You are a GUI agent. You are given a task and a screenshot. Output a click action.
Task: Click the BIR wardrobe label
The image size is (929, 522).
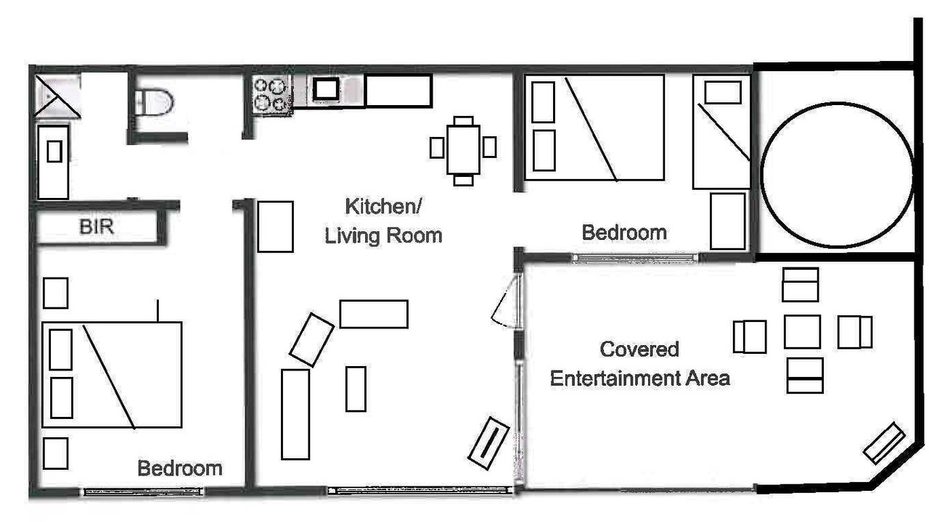coord(97,227)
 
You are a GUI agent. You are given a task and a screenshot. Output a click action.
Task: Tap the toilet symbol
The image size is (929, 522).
coord(154,102)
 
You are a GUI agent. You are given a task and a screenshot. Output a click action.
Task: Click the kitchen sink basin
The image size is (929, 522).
coord(326,88)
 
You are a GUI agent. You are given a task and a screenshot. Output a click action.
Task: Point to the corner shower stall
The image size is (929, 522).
coord(57,96)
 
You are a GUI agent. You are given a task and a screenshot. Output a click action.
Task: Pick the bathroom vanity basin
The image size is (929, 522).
coord(54,152)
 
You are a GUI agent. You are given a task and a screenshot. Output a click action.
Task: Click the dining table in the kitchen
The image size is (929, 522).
coord(463,149)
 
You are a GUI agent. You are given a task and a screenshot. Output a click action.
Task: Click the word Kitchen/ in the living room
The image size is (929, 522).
coord(384,207)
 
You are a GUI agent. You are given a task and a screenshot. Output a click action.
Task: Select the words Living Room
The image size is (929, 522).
coord(384,236)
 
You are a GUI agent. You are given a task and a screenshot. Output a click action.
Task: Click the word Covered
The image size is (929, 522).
coord(639,349)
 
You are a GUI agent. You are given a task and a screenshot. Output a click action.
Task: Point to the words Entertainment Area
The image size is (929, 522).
coord(640,378)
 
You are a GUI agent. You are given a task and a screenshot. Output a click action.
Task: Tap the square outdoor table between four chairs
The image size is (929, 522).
coord(802,332)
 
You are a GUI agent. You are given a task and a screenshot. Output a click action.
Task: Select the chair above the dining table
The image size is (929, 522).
coord(463,121)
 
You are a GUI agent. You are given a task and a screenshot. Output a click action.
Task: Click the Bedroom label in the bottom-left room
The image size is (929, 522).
coord(179,468)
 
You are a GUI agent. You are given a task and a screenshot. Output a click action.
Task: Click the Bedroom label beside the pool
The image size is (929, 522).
coord(624,233)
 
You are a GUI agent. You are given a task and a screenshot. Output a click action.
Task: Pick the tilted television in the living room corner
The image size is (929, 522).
coord(488,443)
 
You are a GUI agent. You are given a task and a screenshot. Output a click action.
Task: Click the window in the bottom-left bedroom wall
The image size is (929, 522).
coord(143,492)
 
